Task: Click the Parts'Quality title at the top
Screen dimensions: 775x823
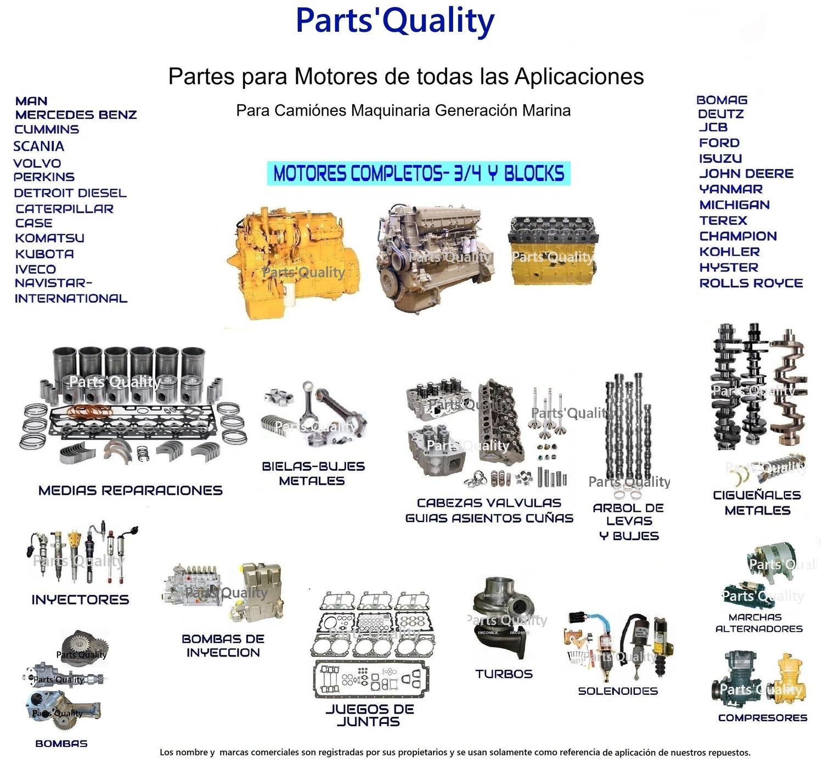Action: click(x=395, y=21)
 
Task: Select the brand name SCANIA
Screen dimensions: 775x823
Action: click(x=39, y=146)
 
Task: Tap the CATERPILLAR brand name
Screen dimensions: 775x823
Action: click(x=65, y=209)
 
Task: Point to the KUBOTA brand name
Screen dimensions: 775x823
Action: click(x=44, y=254)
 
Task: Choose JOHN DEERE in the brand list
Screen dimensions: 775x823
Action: click(x=746, y=174)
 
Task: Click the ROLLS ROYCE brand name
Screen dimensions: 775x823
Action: click(x=751, y=284)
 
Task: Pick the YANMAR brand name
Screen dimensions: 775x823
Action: click(x=731, y=189)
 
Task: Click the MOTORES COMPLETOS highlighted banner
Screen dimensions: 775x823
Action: click(x=419, y=174)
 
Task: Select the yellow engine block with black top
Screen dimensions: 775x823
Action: click(x=553, y=251)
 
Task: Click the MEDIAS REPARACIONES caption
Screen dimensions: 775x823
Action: click(x=131, y=490)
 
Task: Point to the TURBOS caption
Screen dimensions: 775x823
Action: click(x=504, y=674)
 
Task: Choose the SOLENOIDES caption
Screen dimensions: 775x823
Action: click(x=618, y=691)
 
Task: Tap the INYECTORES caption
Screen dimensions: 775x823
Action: click(x=80, y=599)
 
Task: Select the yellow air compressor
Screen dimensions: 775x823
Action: click(x=788, y=680)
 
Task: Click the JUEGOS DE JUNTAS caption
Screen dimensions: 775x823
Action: click(x=370, y=715)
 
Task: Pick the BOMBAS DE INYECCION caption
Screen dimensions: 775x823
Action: click(x=223, y=646)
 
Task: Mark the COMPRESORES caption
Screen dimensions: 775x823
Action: click(x=763, y=718)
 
